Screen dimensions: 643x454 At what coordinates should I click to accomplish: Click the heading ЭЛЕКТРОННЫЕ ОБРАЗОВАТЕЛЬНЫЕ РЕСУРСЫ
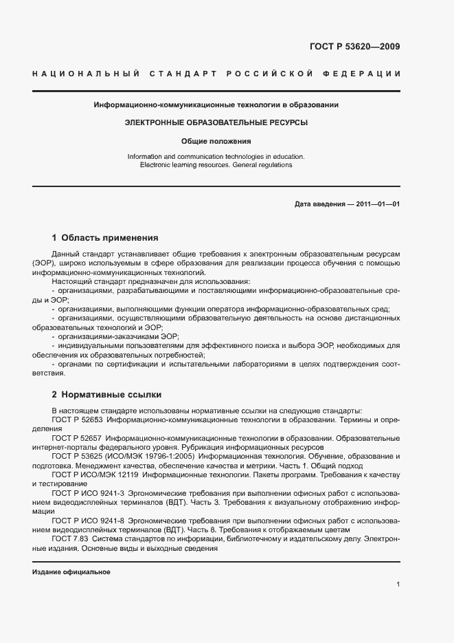point(216,122)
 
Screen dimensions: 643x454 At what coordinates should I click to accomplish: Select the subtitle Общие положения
point(216,141)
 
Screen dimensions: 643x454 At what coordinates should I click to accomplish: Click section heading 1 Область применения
point(105,237)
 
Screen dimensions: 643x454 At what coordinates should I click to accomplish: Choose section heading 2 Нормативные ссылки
point(106,395)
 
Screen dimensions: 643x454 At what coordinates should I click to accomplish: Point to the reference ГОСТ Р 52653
point(78,419)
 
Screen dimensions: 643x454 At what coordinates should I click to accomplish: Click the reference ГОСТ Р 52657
point(78,438)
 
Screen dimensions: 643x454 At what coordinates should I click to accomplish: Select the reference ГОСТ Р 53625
point(78,457)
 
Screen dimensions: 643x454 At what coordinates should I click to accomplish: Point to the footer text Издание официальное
point(71,572)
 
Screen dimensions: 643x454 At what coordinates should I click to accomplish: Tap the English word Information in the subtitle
point(146,157)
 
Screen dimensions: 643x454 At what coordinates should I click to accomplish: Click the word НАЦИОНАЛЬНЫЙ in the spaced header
point(87,73)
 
